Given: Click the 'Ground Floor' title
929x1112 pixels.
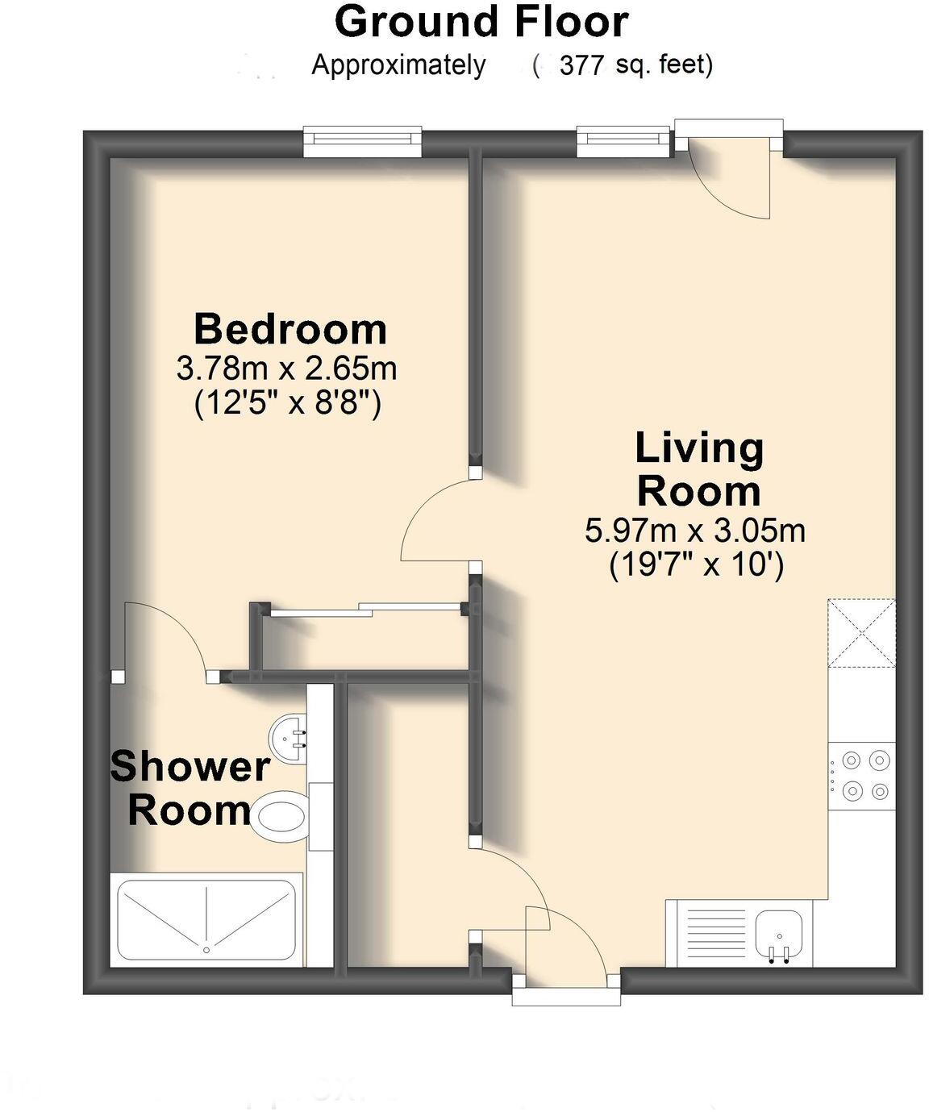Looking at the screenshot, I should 481,23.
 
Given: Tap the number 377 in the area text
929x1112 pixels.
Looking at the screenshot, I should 581,65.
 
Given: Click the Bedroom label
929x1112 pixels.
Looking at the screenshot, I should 290,330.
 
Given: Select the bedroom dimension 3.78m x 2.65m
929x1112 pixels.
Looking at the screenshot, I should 286,369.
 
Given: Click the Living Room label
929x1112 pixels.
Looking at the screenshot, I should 698,469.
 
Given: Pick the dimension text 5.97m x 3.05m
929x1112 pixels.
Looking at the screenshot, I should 695,531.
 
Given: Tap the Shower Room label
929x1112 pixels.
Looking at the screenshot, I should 190,788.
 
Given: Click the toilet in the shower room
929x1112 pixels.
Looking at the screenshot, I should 279,815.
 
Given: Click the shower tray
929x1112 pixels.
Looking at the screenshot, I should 206,919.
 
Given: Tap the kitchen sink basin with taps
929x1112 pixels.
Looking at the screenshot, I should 779,935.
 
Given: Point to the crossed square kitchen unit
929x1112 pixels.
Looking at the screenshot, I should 861,634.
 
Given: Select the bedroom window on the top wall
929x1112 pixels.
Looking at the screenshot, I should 363,142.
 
